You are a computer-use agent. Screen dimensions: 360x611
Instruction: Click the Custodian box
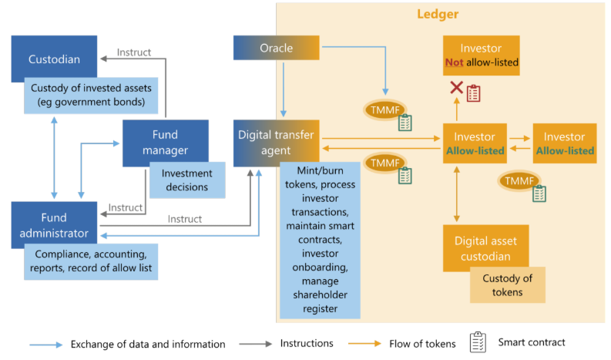53,58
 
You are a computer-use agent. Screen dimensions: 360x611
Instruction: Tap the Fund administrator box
54,224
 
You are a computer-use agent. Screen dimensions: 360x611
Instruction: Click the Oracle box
276,48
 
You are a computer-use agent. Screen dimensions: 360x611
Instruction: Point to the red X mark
456,89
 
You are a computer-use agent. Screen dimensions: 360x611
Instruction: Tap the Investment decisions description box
186,180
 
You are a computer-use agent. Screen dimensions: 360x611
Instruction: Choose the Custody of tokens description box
507,284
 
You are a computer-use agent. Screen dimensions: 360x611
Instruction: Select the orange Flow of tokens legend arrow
367,344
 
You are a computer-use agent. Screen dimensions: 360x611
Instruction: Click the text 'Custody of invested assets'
90,88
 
